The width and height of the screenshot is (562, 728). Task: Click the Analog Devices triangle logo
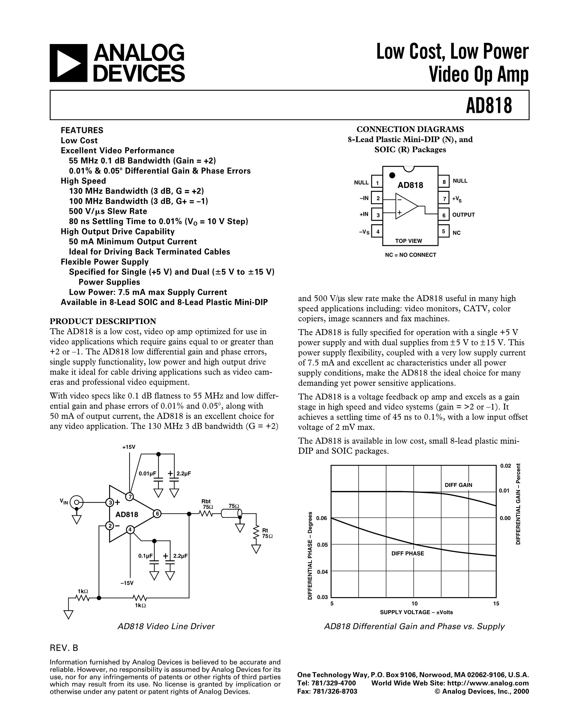tap(68, 63)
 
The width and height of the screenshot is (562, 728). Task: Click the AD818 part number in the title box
tap(489, 105)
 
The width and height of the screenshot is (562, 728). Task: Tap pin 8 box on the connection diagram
tap(444, 182)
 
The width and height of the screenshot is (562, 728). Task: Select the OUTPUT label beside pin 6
tap(463, 215)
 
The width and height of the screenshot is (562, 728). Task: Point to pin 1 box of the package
tap(377, 182)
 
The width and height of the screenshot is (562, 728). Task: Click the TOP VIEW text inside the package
tap(409, 241)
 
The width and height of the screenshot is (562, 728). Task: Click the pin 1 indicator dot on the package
tap(392, 175)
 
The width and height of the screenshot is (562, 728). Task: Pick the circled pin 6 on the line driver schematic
tap(157, 514)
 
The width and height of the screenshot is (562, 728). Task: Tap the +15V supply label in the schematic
tap(129, 447)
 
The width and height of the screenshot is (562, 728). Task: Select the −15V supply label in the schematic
tap(127, 583)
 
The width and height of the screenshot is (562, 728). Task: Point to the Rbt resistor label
tap(206, 501)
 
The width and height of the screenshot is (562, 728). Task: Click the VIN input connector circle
tap(77, 502)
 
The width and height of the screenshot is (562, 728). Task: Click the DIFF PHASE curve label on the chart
tap(408, 553)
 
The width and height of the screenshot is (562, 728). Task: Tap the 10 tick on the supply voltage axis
tap(414, 603)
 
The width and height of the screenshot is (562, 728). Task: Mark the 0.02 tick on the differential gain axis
tap(505, 466)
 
